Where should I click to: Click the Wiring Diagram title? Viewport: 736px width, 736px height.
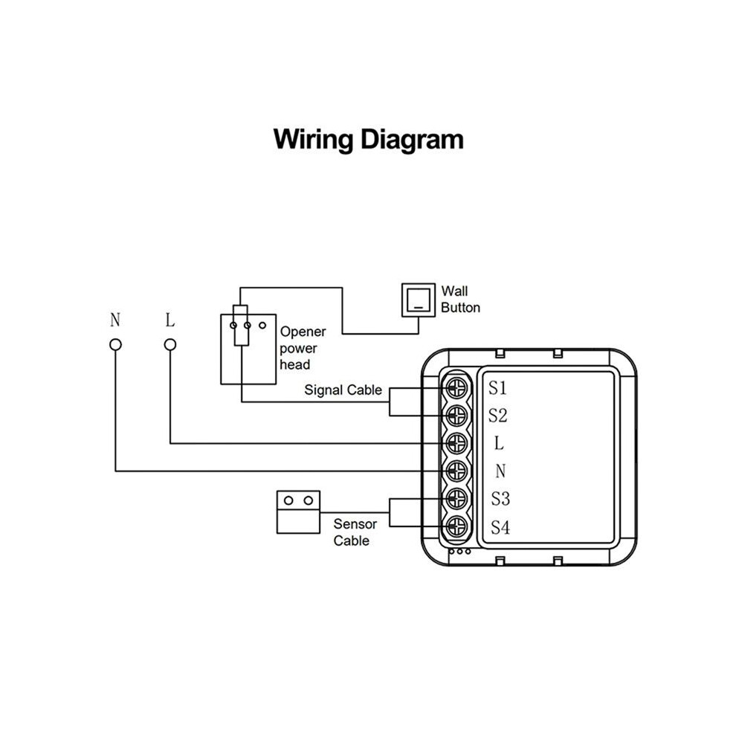click(x=369, y=140)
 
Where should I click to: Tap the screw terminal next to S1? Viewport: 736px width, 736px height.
click(x=456, y=388)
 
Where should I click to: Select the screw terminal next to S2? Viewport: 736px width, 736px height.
click(x=456, y=416)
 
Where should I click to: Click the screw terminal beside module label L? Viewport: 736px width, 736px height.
click(x=456, y=443)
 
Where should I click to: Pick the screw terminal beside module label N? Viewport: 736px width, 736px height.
click(x=456, y=471)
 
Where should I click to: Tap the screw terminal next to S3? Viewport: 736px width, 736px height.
click(x=456, y=499)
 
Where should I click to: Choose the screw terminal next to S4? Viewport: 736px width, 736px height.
click(x=456, y=526)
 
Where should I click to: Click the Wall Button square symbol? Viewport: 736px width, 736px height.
click(x=419, y=300)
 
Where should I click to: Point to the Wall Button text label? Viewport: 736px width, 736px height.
click(x=460, y=300)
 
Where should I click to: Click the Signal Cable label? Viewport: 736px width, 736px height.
click(x=343, y=390)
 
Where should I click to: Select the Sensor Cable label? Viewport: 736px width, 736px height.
click(x=355, y=532)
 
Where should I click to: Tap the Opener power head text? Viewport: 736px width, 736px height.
click(x=303, y=348)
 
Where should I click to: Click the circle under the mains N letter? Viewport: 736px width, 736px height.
click(x=115, y=345)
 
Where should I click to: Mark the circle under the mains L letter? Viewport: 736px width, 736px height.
click(x=170, y=345)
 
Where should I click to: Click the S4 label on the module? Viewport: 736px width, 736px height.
click(x=500, y=528)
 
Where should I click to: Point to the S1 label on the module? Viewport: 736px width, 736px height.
click(x=497, y=388)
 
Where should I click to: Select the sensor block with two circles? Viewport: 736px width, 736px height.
click(x=299, y=512)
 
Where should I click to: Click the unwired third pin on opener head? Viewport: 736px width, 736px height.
click(x=262, y=326)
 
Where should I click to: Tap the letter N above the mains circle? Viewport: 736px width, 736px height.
click(x=115, y=320)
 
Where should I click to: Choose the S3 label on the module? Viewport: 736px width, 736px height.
click(x=500, y=499)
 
